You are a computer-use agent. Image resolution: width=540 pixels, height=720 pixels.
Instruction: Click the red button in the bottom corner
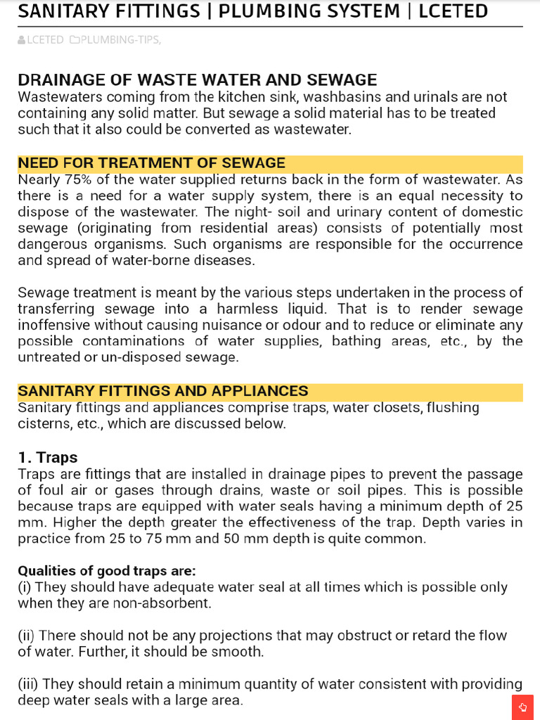coord(522,707)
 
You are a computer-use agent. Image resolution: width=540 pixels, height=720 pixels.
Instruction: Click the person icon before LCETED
coord(21,40)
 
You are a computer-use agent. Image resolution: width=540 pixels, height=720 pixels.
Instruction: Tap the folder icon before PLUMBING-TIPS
coord(75,40)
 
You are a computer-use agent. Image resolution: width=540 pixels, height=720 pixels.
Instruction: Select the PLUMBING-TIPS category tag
coord(120,40)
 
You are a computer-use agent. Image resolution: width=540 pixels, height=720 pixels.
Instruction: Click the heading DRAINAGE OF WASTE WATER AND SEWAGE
coord(197,80)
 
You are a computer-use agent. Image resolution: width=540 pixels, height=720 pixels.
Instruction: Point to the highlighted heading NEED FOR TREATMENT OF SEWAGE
coord(151,163)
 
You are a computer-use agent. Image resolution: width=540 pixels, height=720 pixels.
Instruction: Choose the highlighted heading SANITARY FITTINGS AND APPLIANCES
coord(162,391)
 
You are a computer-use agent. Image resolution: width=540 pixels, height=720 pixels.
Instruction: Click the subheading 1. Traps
coord(48,458)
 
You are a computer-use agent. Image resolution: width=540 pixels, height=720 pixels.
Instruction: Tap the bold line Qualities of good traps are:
coord(107,571)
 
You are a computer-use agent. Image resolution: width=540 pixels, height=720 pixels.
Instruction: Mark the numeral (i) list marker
coord(24,587)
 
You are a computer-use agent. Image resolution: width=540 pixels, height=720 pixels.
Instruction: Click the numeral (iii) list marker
coord(28,684)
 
